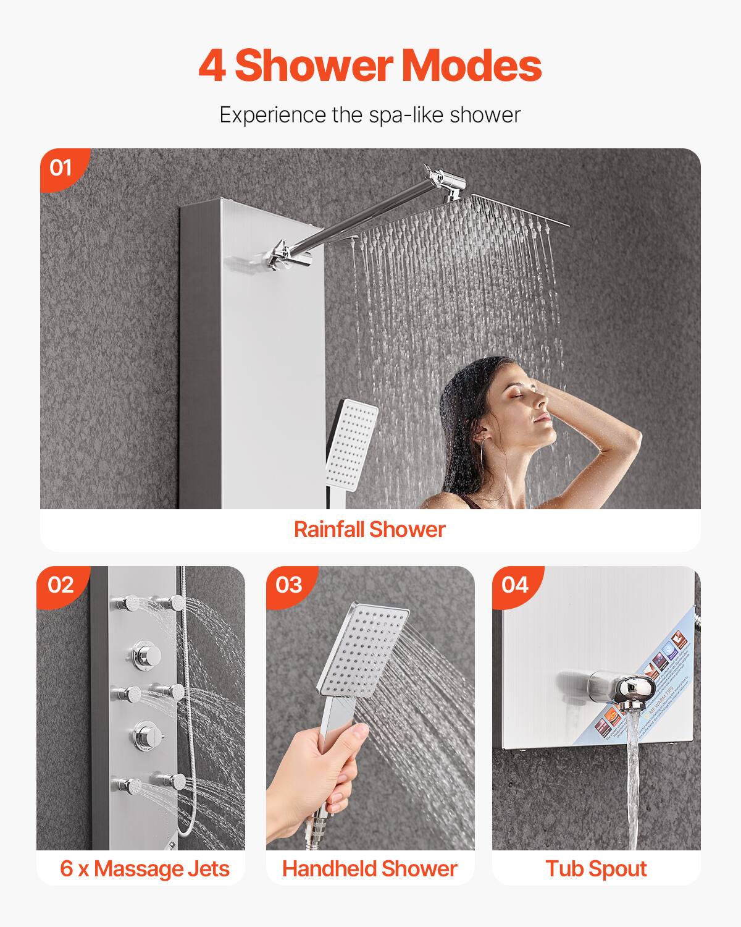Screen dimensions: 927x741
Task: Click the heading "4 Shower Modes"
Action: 370,66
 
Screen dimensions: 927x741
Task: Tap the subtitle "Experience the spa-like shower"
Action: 370,115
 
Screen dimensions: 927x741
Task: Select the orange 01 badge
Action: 61,167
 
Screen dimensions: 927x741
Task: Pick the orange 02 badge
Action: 61,585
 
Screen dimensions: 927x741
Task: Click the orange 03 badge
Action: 289,585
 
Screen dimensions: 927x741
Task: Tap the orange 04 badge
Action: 515,585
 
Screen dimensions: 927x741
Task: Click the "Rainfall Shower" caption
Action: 369,530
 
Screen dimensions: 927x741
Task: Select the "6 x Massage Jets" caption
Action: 144,868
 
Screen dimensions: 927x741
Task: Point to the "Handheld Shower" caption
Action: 369,868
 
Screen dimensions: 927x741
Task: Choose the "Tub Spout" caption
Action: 596,868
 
